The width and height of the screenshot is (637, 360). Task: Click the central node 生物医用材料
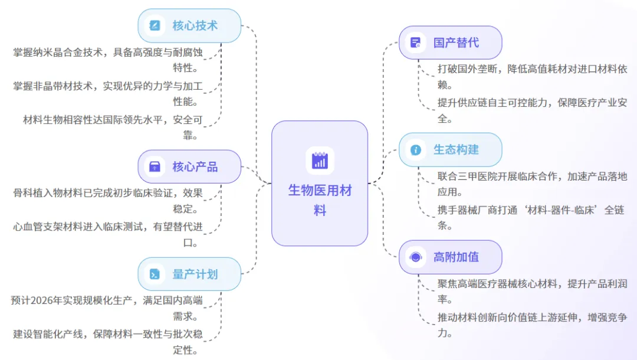click(319, 184)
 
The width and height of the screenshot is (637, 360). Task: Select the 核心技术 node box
click(189, 25)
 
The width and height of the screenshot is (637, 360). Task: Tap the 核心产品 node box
click(189, 166)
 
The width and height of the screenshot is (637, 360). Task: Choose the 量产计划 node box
click(189, 274)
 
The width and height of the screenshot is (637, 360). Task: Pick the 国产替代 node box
click(450, 42)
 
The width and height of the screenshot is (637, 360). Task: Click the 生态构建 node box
click(450, 149)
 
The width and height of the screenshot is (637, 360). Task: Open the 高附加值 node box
click(450, 257)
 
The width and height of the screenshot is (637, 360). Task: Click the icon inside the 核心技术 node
click(155, 25)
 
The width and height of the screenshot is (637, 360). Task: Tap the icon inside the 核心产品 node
click(155, 166)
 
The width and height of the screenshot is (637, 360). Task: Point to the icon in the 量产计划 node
click(155, 274)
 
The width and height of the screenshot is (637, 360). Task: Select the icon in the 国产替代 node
click(416, 42)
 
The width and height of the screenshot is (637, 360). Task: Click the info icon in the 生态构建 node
click(416, 150)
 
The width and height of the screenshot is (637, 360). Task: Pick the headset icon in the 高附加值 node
click(416, 257)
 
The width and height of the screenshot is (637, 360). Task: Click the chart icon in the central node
click(320, 161)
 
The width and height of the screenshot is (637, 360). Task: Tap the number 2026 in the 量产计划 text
click(44, 300)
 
